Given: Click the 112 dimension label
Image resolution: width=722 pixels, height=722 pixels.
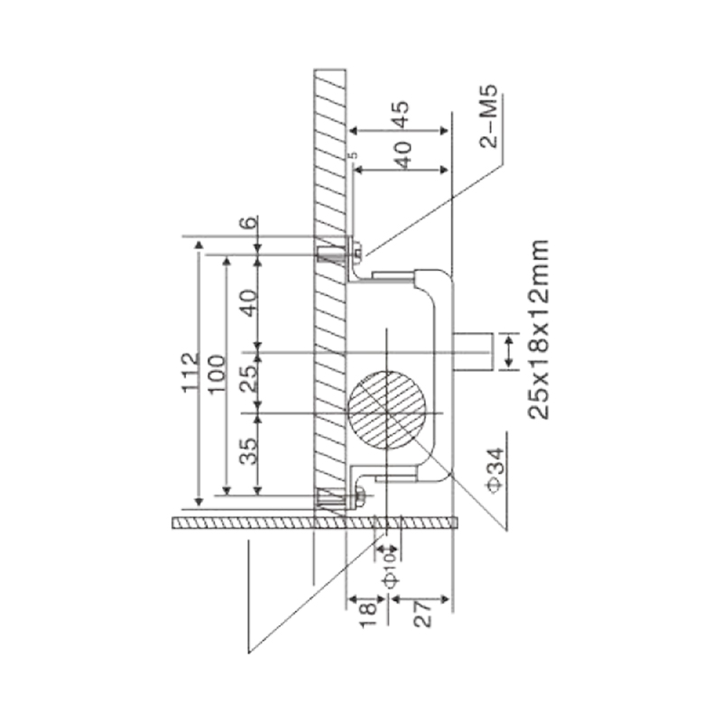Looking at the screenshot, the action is (x=190, y=373).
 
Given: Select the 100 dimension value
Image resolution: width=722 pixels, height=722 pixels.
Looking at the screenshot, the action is (x=217, y=374).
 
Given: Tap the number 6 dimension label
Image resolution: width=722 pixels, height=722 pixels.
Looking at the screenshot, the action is (x=249, y=222).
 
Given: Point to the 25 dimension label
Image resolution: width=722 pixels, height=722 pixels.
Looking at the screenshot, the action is (x=249, y=378).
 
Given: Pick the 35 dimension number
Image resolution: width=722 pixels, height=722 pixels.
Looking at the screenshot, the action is (x=249, y=451).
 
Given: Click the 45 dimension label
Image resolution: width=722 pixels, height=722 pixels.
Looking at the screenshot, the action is (x=400, y=115).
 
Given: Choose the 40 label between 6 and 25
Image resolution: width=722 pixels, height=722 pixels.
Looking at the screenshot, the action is (x=249, y=302).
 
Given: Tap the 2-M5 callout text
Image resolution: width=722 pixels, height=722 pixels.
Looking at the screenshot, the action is (x=489, y=116).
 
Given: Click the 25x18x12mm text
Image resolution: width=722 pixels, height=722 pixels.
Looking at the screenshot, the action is (x=539, y=329).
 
